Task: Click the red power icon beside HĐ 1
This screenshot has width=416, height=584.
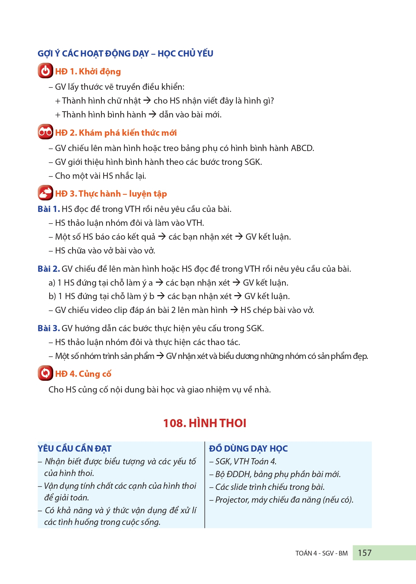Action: (x=45, y=71)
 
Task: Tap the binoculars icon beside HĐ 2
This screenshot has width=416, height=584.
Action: (x=45, y=132)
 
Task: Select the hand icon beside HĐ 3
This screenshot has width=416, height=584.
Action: (x=45, y=193)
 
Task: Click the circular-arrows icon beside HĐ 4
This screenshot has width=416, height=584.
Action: (x=45, y=373)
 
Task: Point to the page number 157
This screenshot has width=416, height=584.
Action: (x=365, y=553)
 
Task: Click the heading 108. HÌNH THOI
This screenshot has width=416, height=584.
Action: (x=204, y=423)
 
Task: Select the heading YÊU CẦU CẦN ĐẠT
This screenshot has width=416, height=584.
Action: (x=74, y=448)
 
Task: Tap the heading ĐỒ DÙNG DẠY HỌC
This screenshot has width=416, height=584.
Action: (x=248, y=448)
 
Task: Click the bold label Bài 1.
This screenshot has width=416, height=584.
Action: (x=48, y=209)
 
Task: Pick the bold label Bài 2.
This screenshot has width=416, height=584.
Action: (x=48, y=269)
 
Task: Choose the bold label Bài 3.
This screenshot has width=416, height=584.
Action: (x=48, y=328)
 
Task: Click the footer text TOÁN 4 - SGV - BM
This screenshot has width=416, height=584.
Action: (x=321, y=553)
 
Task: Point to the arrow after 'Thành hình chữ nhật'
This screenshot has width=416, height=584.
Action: (x=147, y=101)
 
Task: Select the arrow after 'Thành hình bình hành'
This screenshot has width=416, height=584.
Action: (x=153, y=115)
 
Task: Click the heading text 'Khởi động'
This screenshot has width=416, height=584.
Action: (x=100, y=71)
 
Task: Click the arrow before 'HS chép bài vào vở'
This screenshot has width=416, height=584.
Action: (x=234, y=310)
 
